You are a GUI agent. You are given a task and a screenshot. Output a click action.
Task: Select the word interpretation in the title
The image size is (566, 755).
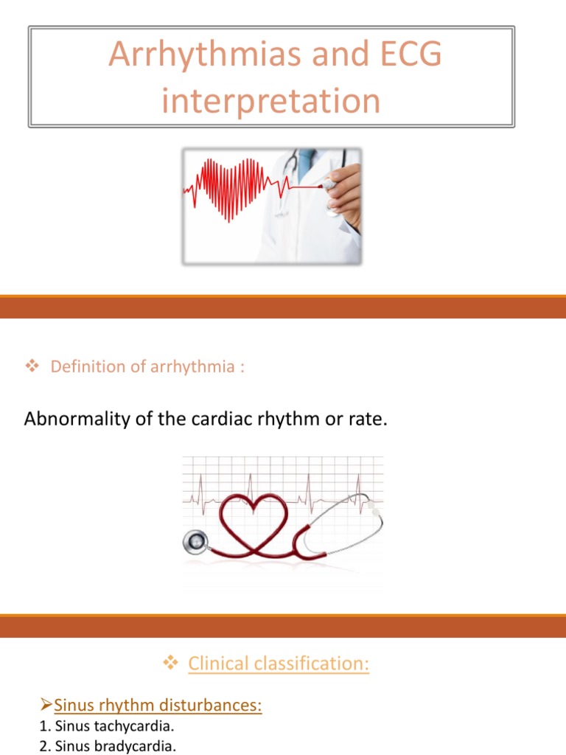coord(271,101)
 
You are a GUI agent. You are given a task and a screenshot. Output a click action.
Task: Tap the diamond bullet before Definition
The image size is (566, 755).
coord(31,366)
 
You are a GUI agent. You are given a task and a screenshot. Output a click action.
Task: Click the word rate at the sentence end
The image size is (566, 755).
coord(366,420)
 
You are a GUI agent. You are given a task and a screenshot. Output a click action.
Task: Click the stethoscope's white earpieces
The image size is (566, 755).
coord(374,509)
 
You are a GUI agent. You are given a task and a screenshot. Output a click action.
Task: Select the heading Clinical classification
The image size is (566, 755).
coord(279,664)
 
